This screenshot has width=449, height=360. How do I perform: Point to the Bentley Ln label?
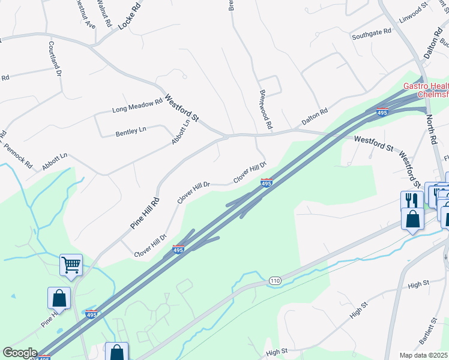[131, 132]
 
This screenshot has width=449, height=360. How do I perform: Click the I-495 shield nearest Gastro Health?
[382, 112]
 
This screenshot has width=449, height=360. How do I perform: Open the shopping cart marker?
[71, 265]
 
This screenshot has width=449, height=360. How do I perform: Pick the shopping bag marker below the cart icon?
[59, 298]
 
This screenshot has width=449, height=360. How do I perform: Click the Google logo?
[20, 353]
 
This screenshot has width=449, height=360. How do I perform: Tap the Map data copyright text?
[424, 355]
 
